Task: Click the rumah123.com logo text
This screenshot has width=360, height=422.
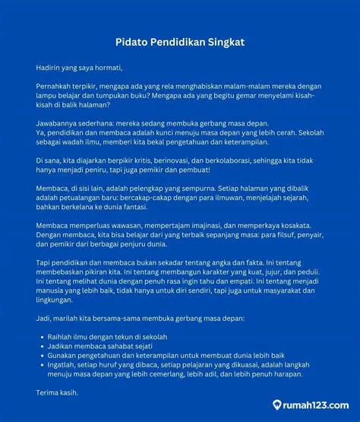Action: coord(316,405)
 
